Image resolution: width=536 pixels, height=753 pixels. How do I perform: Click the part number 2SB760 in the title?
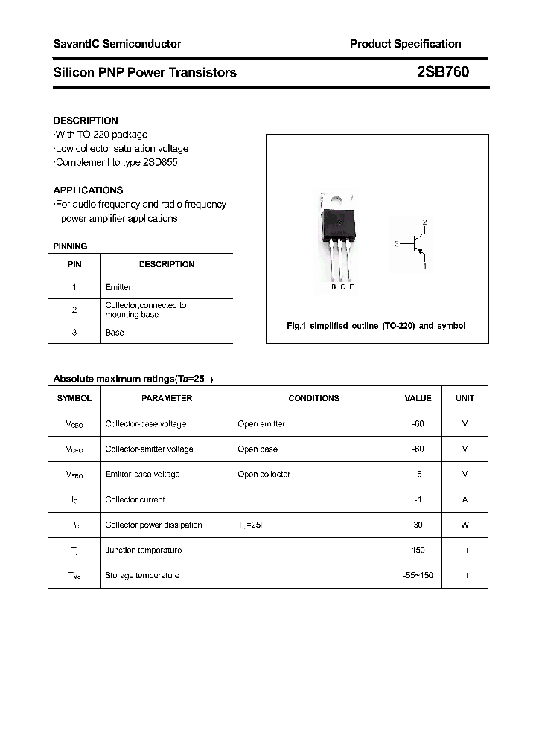click(x=442, y=72)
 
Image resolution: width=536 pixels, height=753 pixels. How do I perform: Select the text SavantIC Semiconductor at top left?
click(x=117, y=44)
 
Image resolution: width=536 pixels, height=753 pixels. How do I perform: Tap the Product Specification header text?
click(x=405, y=44)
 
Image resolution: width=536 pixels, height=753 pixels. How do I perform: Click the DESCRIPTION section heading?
click(x=86, y=121)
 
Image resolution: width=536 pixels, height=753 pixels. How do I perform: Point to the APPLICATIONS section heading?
click(x=88, y=190)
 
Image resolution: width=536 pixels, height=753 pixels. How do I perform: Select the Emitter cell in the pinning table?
click(x=118, y=287)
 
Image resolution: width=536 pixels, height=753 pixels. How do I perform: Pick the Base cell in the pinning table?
click(x=115, y=333)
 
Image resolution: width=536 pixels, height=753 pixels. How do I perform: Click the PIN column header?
click(x=74, y=264)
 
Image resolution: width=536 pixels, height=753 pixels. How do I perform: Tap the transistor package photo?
click(x=339, y=238)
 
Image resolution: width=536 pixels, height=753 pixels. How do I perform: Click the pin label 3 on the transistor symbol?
click(x=398, y=243)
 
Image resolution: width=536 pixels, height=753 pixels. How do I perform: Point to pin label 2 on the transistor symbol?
click(x=424, y=222)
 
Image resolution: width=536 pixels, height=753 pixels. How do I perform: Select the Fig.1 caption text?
click(x=376, y=327)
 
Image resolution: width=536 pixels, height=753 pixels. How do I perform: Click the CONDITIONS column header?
click(x=313, y=398)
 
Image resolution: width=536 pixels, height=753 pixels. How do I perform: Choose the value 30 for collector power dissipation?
click(x=418, y=525)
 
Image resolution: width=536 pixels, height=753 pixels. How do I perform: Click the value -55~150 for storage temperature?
click(x=418, y=575)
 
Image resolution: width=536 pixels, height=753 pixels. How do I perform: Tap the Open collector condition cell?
click(x=264, y=474)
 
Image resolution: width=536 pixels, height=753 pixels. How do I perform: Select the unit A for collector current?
click(x=465, y=499)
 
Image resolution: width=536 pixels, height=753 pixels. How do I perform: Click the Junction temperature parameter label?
click(x=144, y=550)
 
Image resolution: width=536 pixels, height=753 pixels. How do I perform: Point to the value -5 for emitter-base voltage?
click(x=418, y=474)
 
